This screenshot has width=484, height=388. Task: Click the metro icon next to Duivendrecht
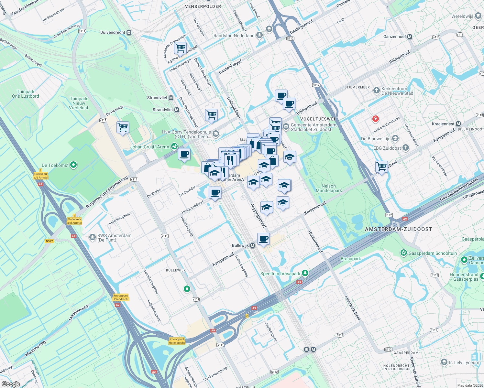129,32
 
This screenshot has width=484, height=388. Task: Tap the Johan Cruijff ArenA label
150,147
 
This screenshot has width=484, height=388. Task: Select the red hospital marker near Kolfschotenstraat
375,119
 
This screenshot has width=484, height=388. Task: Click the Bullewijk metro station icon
253,245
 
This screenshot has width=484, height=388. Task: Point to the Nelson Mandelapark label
329,188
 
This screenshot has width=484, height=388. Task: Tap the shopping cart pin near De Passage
123,127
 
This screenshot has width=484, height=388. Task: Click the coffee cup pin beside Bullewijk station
264,239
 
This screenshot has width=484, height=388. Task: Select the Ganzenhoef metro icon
410,37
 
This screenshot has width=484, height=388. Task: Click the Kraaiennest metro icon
458,124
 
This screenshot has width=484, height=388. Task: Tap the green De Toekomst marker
73,165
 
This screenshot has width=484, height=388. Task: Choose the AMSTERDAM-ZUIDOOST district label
398,229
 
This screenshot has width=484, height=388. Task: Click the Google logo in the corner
11,384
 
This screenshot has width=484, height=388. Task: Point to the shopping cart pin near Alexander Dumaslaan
180,48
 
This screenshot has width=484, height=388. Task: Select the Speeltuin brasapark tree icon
305,274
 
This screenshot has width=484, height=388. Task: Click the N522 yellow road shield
49,241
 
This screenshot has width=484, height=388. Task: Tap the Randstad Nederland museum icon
259,36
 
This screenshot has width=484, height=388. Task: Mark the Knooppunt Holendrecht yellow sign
177,341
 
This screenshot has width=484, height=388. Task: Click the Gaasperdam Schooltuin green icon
403,253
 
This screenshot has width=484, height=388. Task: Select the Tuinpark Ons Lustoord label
26,94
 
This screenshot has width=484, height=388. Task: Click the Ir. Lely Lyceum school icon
444,362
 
